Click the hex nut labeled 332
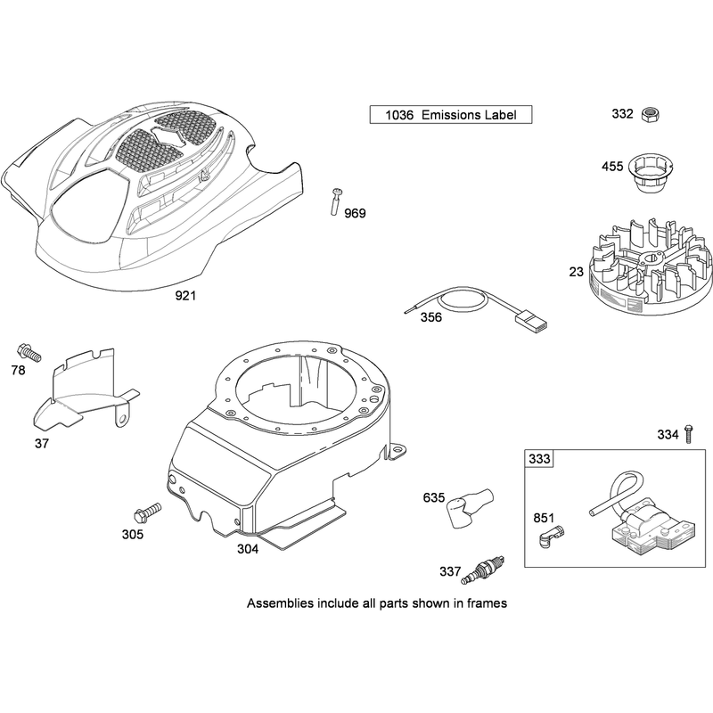tap(650, 114)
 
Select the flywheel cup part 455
tap(651, 173)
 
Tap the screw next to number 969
tap(337, 201)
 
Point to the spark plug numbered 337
tap(482, 569)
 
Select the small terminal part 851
tap(551, 537)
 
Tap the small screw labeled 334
tap(688, 433)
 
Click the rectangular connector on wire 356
tap(531, 321)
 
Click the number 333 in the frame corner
tap(539, 459)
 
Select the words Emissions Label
tap(469, 115)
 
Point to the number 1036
tap(399, 115)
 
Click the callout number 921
tap(185, 296)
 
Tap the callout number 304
tap(248, 549)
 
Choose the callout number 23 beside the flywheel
tap(576, 272)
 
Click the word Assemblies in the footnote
tap(280, 603)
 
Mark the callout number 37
tap(42, 443)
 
